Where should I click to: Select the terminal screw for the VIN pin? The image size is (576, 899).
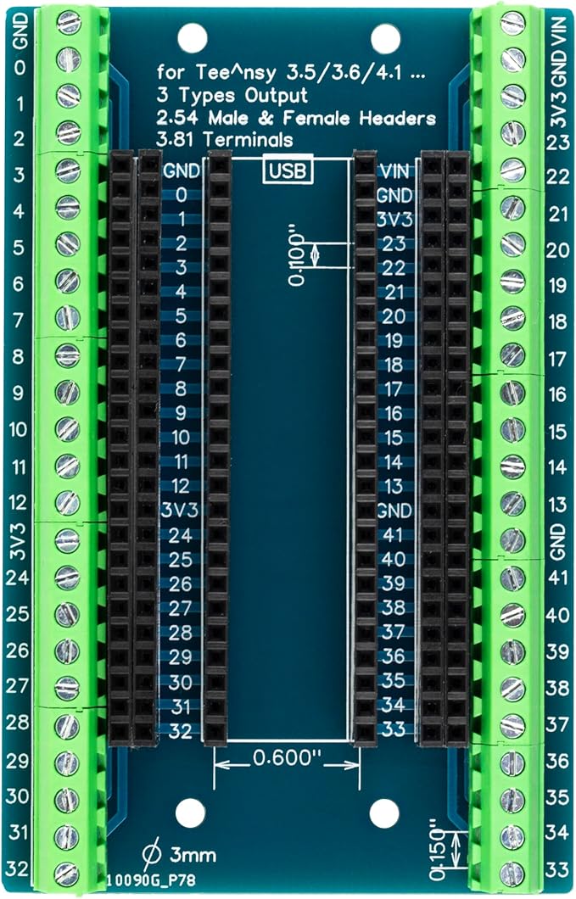coord(512,24)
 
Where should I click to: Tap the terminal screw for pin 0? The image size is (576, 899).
coord(67,59)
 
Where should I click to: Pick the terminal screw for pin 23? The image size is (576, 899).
coord(512,131)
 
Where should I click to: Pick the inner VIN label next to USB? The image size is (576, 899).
coord(394,170)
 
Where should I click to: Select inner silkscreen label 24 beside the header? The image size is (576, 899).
coord(180,535)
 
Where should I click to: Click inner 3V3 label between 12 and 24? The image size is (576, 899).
coord(180,511)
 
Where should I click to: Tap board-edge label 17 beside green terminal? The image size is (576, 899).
coord(556,359)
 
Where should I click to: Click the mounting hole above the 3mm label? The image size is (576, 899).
coord(192,812)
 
